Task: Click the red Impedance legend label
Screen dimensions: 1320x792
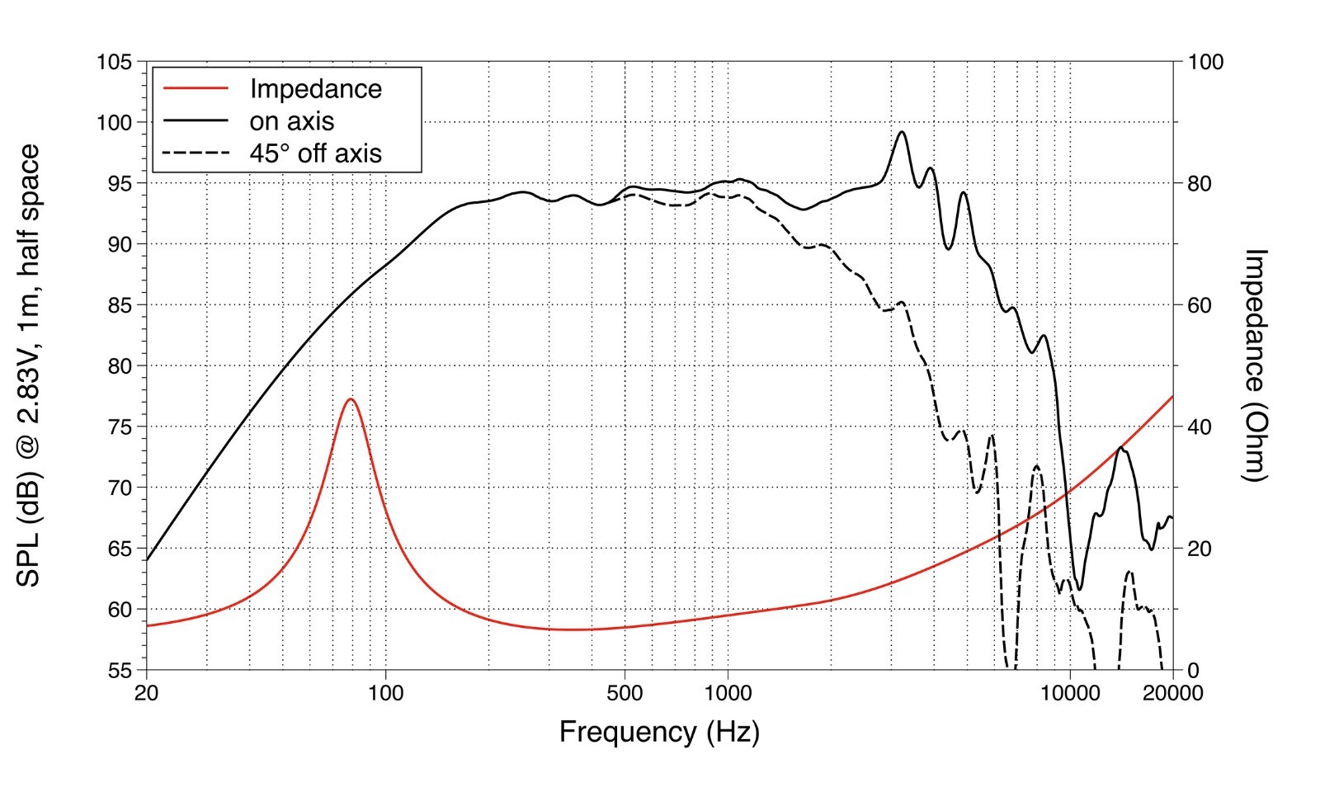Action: [x=316, y=89]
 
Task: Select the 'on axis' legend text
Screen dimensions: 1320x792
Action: [x=292, y=121]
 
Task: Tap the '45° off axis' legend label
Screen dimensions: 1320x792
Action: [x=316, y=153]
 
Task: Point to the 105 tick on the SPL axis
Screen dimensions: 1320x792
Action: [x=115, y=61]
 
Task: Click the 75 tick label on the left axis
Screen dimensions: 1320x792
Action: [x=120, y=427]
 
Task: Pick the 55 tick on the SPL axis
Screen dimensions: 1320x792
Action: [x=120, y=671]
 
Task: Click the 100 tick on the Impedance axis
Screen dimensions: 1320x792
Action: [x=1205, y=62]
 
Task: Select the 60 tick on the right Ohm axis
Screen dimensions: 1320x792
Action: [x=1200, y=305]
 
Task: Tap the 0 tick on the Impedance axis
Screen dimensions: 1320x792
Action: [x=1193, y=671]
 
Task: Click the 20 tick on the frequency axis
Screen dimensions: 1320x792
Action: [x=147, y=693]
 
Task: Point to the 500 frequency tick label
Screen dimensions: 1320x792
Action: [x=625, y=693]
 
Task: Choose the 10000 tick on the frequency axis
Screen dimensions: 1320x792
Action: [x=1069, y=693]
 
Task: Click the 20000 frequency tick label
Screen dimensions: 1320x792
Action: [x=1172, y=693]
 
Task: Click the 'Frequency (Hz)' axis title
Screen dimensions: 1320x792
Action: [x=659, y=733]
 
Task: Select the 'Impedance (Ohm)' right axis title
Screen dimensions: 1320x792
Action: [x=1255, y=365]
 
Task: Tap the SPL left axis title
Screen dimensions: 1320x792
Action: [x=28, y=365]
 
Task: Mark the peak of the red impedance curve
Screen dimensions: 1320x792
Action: [x=351, y=399]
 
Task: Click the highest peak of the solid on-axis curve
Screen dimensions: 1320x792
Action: [x=901, y=132]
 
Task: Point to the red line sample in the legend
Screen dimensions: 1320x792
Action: [x=196, y=88]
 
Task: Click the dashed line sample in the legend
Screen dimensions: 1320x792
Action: [x=196, y=153]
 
